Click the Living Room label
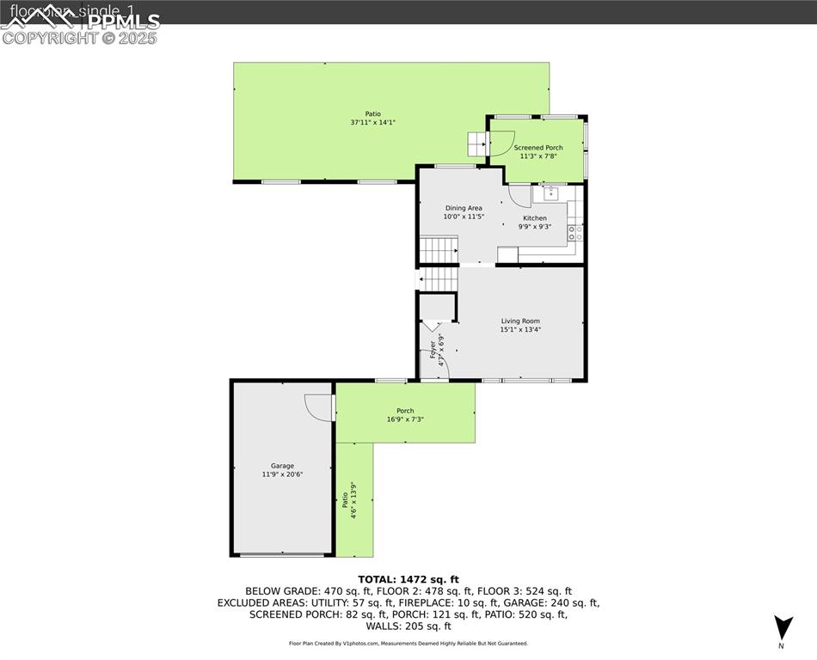[520, 321]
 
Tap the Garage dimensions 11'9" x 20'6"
[282, 474]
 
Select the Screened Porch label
[538, 148]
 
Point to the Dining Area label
[463, 208]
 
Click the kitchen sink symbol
[550, 193]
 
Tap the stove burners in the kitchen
[575, 232]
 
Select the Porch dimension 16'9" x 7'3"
[405, 419]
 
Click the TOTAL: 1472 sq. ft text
[408, 579]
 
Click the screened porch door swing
[501, 144]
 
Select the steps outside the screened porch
[476, 144]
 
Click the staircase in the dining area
[438, 250]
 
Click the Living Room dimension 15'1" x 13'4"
[520, 329]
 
